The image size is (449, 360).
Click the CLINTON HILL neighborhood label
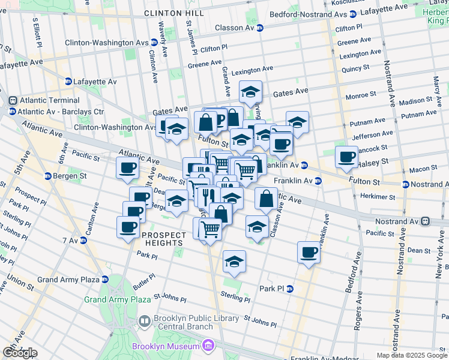point(173,13)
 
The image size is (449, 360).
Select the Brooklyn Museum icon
point(208,346)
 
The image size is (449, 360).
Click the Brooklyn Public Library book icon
point(145,322)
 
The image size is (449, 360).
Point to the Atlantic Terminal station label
point(48,100)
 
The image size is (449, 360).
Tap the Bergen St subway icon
point(48,176)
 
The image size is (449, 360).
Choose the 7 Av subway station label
point(67,240)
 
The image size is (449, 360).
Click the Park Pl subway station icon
point(290,289)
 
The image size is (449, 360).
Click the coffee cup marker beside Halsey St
point(346,157)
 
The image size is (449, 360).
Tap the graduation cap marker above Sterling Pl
point(234,262)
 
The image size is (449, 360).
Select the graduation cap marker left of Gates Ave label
point(250,92)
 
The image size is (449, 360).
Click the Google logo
point(19,353)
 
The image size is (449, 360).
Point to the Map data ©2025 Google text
point(412,355)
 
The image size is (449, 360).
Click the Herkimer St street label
point(378,196)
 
